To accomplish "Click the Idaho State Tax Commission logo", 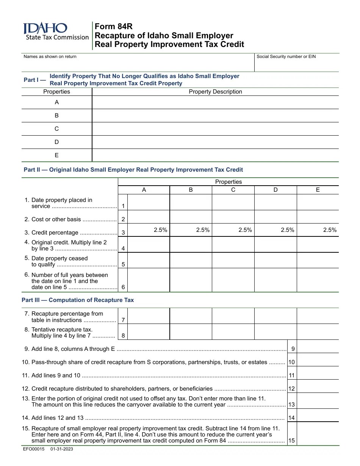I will (55, 31).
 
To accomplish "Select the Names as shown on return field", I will (138, 64).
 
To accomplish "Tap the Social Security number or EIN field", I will (297, 64).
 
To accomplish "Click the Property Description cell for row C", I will (215, 129).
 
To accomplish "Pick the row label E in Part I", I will (57, 155).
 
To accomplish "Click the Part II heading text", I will (133, 170).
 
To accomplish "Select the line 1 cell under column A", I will (149, 202).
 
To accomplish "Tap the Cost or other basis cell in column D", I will (275, 217).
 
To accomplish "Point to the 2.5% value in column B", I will (203, 230).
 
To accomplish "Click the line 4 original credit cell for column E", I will (318, 244).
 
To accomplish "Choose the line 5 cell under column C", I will (233, 260).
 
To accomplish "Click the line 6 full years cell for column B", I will (191, 280).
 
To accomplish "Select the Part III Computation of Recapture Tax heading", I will (78, 300).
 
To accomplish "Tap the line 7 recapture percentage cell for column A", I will (149, 316).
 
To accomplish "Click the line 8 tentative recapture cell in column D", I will (275, 332).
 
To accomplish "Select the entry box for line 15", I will (318, 434).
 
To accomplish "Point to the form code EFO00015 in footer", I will (34, 449).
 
